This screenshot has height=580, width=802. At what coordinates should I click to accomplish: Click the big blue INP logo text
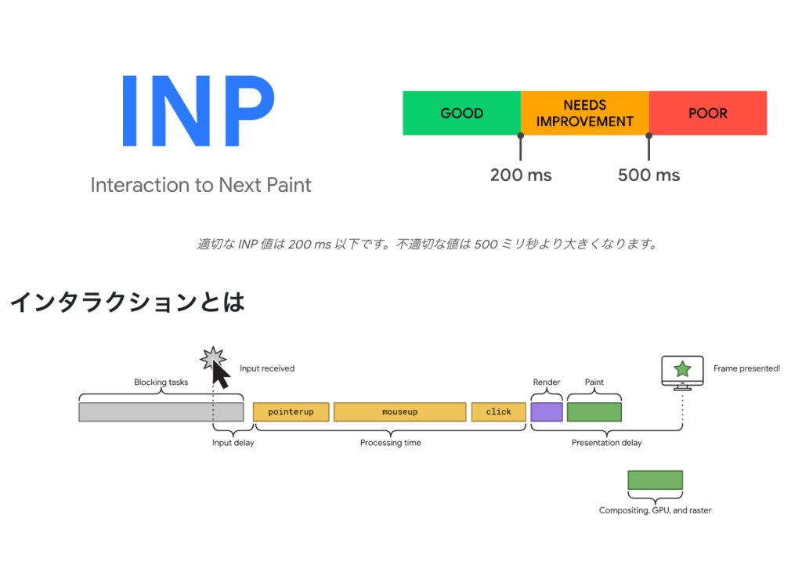coord(198,111)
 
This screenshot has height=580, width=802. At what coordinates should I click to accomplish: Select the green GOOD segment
coord(461,113)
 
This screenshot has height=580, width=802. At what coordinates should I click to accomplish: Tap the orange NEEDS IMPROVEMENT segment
coord(584,113)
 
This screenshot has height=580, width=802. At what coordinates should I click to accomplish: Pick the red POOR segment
coord(708,113)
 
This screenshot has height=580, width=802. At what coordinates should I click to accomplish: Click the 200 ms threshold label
coord(521,175)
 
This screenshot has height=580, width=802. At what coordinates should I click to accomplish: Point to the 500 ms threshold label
coord(648,175)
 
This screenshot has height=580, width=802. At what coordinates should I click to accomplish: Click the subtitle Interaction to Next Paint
coord(200,185)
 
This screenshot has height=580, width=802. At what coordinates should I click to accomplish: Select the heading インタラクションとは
coord(128,302)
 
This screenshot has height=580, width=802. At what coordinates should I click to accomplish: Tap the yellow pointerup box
coord(291,411)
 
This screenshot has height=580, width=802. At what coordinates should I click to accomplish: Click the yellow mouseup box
coord(400,411)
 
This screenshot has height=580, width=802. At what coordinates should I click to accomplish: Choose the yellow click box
coord(499,411)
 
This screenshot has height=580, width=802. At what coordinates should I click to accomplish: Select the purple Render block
coord(547,411)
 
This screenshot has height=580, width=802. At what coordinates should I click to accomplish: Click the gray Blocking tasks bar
coord(161,411)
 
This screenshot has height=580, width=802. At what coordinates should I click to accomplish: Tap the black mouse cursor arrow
coord(220,375)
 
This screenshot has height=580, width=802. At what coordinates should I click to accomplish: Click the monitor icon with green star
coord(682,373)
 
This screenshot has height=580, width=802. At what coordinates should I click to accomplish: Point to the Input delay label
coord(233,442)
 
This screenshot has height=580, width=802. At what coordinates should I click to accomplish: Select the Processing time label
coord(390,442)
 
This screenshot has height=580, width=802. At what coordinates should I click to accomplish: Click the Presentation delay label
coord(607,442)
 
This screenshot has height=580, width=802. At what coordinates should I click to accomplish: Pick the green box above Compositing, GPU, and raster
coord(656,480)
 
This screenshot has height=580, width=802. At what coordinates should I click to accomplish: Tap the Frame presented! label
coord(746,368)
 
